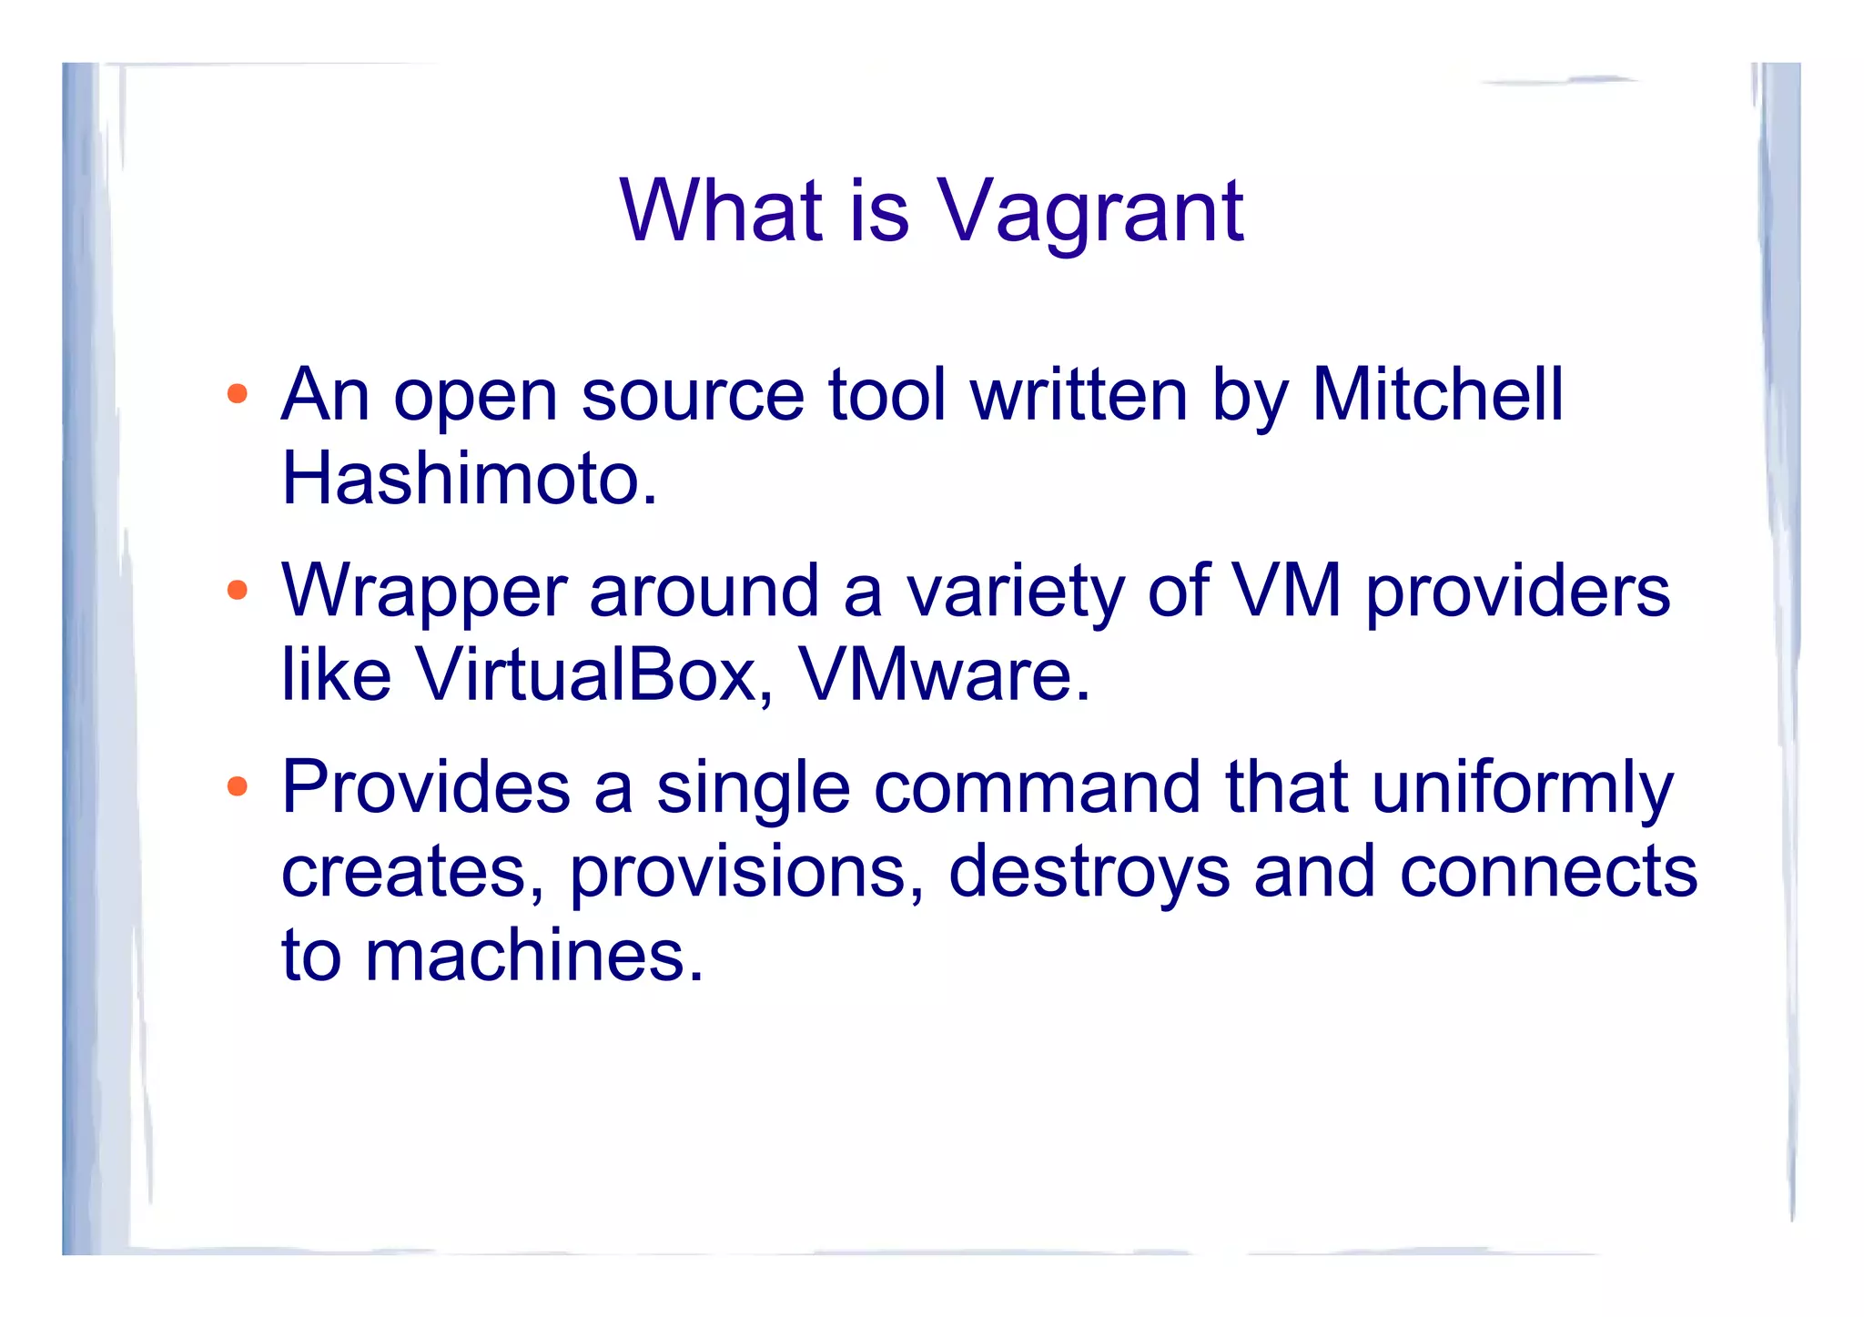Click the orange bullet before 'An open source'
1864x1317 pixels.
point(238,394)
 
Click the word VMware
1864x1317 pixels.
point(943,674)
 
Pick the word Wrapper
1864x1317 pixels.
point(424,592)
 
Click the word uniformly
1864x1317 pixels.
point(1522,788)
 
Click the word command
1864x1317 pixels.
point(1037,786)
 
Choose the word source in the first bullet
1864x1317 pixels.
point(692,397)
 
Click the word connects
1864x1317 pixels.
point(1547,872)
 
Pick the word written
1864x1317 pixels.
point(1079,395)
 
